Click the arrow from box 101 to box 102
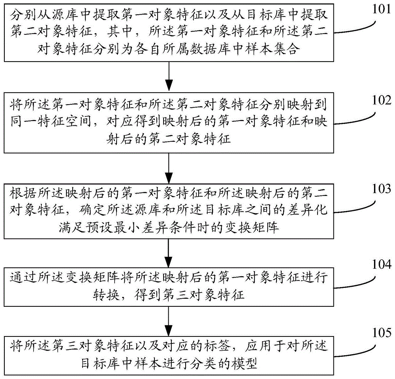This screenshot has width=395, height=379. (169, 77)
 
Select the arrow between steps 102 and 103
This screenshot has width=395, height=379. (169, 167)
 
